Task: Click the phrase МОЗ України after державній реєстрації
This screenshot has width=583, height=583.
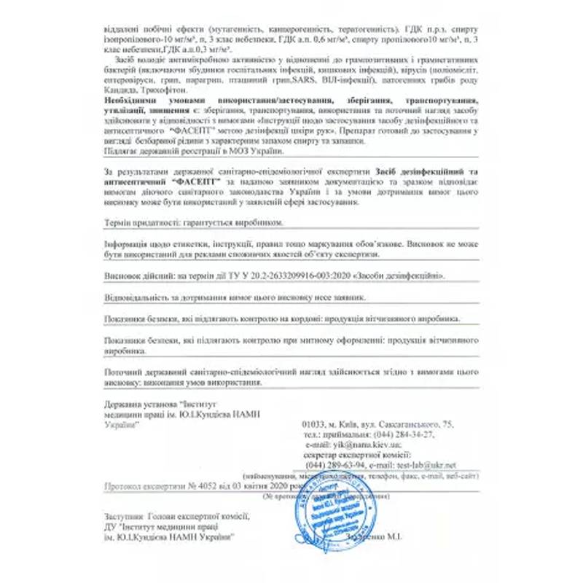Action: tap(257, 152)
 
